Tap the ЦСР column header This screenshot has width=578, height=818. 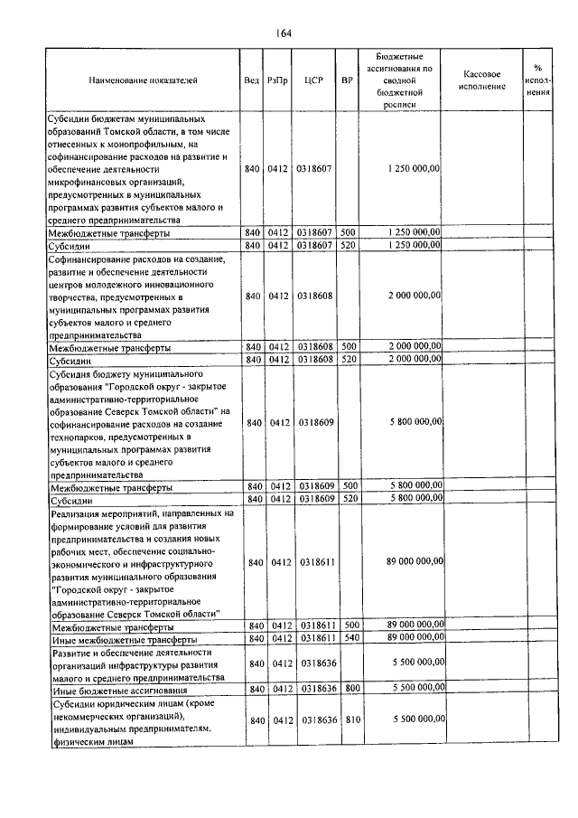tap(314, 80)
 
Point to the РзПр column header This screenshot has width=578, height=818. tap(277, 80)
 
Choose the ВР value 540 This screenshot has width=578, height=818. tap(351, 638)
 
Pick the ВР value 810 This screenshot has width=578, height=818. tap(351, 719)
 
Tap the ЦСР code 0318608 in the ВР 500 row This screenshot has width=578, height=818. tap(314, 346)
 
